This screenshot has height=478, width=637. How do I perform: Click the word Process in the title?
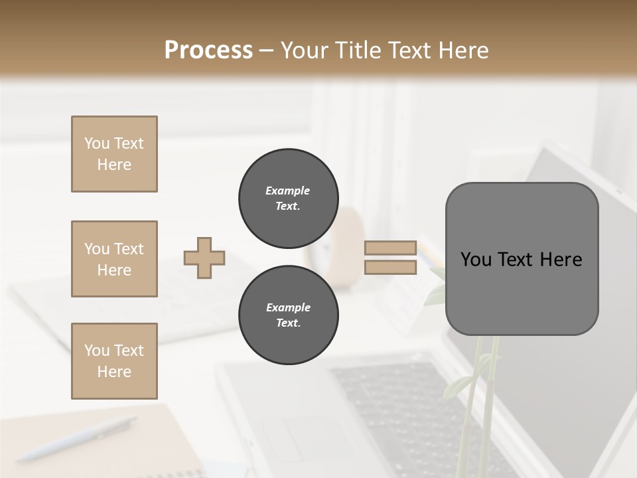[x=208, y=50]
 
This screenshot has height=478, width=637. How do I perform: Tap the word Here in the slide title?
[x=462, y=50]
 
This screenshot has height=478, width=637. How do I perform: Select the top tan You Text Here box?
[x=114, y=154]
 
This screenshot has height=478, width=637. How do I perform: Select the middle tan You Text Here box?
[x=114, y=259]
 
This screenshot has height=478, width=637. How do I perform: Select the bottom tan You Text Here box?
[x=114, y=361]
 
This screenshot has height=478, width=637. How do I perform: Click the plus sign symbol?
[x=204, y=258]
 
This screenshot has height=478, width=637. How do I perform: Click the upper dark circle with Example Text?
[x=289, y=199]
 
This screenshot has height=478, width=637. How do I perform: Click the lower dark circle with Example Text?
[x=289, y=315]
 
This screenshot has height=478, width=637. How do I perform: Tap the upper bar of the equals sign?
[x=390, y=248]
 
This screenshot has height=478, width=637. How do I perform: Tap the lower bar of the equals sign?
[x=390, y=268]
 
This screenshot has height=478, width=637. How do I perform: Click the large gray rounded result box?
[x=522, y=292]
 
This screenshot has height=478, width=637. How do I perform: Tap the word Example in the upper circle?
[x=288, y=191]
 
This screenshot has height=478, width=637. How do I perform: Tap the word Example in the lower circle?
[x=288, y=307]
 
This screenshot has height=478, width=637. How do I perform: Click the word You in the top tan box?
[x=97, y=143]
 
